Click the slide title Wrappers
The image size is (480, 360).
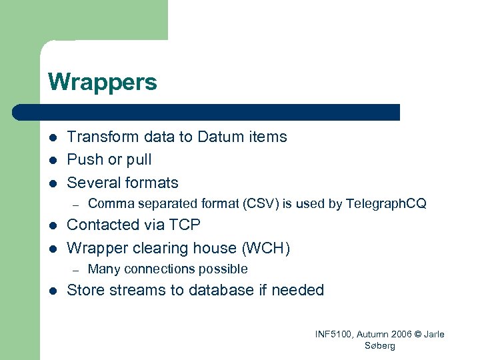point(103,82)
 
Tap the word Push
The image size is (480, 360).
point(83,159)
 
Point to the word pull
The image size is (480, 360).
point(139,160)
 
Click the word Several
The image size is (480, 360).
point(92,183)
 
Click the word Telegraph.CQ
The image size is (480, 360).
point(386,203)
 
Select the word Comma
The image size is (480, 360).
point(107,203)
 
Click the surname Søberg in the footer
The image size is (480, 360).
point(380,345)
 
